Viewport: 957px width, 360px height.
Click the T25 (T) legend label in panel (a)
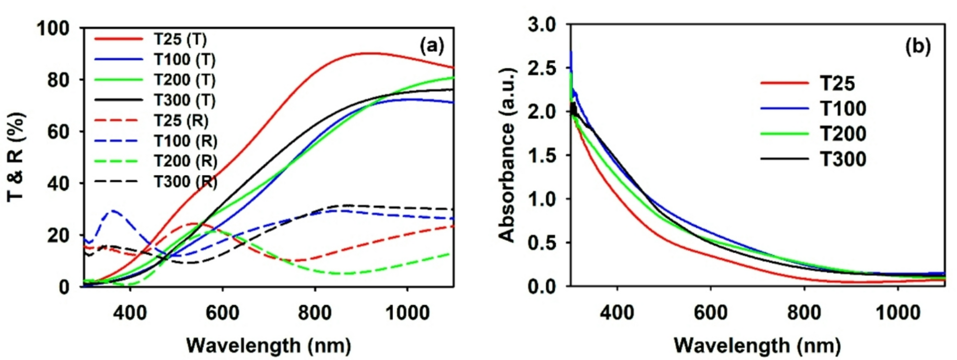pyautogui.click(x=180, y=39)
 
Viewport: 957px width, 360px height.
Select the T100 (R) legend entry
pyautogui.click(x=185, y=141)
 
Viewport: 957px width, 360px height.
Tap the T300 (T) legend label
pyautogui.click(x=184, y=100)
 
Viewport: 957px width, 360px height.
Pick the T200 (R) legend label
pyautogui.click(x=185, y=161)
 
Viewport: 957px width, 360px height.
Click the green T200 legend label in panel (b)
pyautogui.click(x=843, y=134)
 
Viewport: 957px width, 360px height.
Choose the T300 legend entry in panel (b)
pyautogui.click(x=843, y=159)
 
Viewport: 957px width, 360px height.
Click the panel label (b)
pyautogui.click(x=917, y=46)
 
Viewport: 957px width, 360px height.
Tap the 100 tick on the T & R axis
pyautogui.click(x=53, y=29)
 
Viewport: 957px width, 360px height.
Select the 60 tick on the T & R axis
pyautogui.click(x=58, y=132)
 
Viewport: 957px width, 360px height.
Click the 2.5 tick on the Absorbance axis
pyautogui.click(x=542, y=68)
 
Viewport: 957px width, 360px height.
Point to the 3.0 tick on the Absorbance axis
pyautogui.click(x=542, y=24)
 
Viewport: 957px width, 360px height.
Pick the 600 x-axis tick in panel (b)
pyautogui.click(x=710, y=313)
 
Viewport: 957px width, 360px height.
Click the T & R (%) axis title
pyautogui.click(x=16, y=157)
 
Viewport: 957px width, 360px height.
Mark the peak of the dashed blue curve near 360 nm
pyautogui.click(x=113, y=210)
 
